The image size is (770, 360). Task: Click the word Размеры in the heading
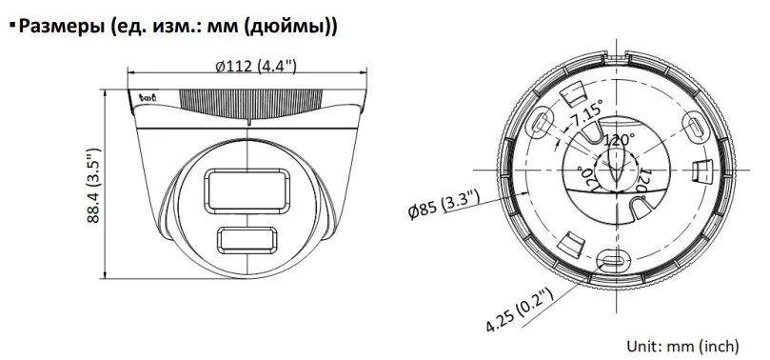[x=61, y=26]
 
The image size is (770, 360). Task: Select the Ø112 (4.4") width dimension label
[x=256, y=66]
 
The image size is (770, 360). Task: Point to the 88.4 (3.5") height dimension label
[x=93, y=185]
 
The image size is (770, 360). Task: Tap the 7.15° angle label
[x=584, y=114]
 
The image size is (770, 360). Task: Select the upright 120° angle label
[x=619, y=140]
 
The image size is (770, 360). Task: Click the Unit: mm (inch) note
[x=682, y=346]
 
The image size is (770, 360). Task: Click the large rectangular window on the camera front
[x=247, y=191]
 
